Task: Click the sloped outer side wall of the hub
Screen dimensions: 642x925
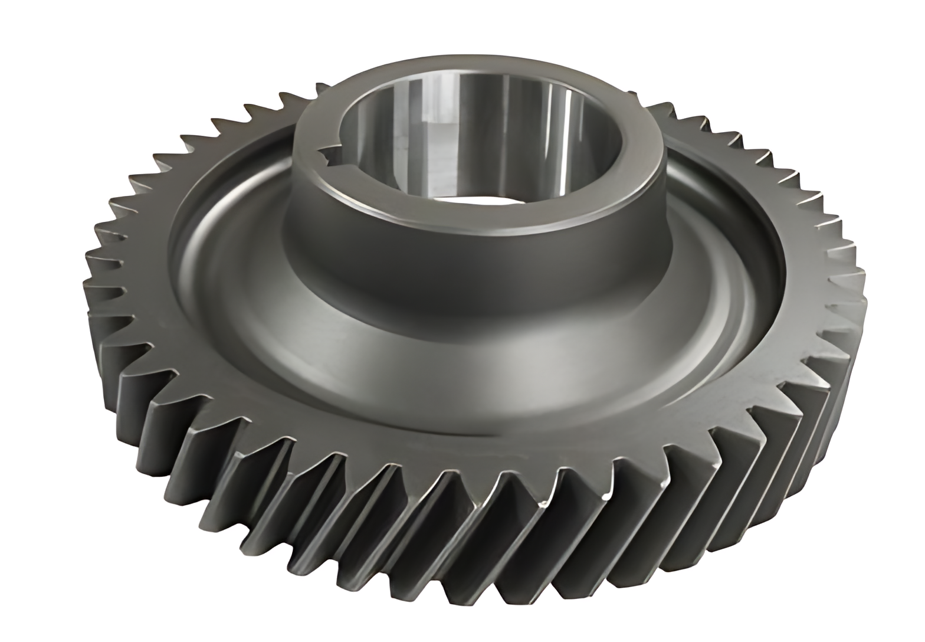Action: [472, 266]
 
